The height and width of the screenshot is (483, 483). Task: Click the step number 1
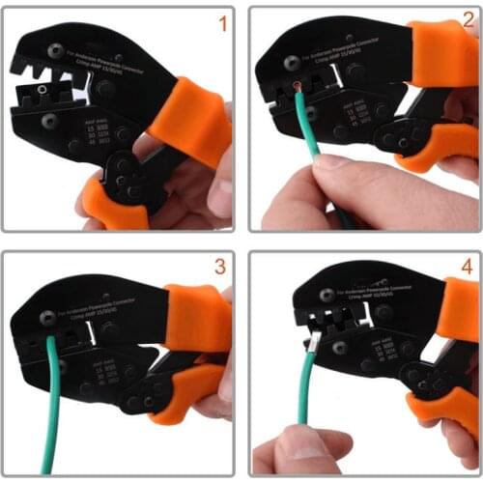point(221,22)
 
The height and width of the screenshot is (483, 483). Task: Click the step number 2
point(463,22)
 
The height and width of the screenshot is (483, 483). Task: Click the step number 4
point(464,266)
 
